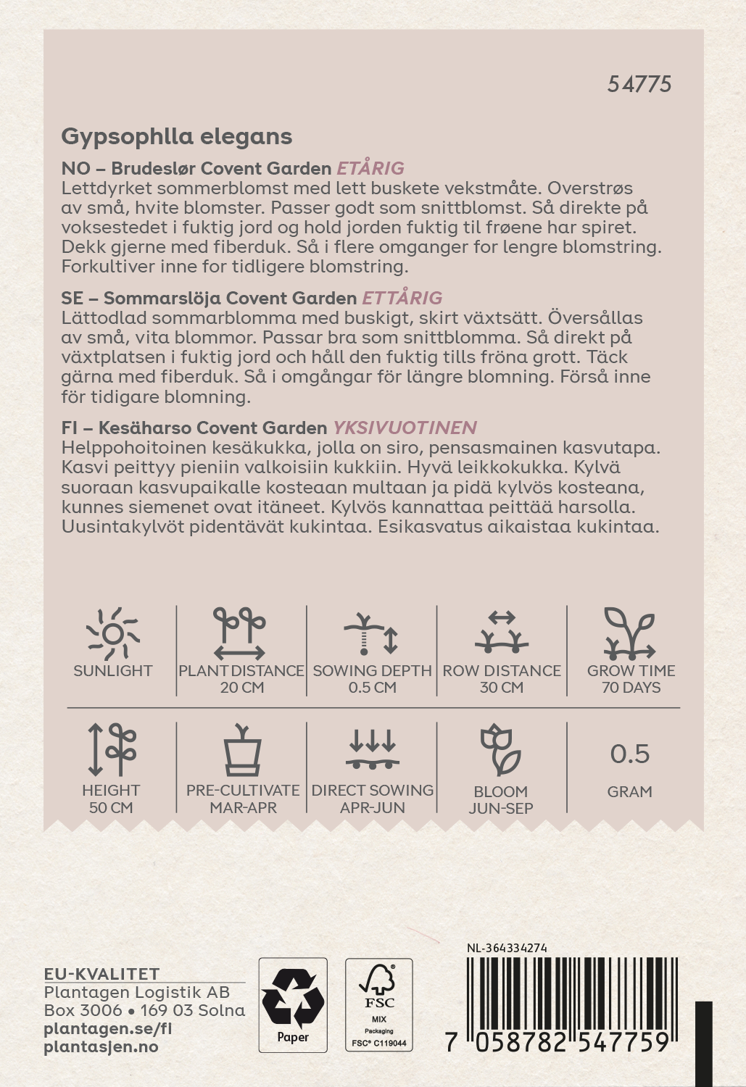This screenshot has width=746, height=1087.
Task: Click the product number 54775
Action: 639,84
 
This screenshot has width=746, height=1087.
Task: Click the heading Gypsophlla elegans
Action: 176,136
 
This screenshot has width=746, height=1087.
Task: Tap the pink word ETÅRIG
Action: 370,168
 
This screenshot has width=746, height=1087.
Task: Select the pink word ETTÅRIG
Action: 402,298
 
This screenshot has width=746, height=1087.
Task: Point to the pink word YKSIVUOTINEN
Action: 405,428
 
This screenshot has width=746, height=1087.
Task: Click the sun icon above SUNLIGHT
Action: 112,633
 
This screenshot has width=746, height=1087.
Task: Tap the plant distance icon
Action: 240,633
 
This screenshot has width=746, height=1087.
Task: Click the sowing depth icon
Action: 371,633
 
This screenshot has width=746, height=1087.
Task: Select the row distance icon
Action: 501,631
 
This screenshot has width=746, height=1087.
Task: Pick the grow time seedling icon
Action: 629,633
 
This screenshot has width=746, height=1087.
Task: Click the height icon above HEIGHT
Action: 112,749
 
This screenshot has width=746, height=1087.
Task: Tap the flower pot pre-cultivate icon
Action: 242,750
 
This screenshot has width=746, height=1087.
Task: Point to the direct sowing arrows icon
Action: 372,749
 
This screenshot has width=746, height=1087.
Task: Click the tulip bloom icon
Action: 500,749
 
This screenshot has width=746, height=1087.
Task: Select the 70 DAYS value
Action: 631,688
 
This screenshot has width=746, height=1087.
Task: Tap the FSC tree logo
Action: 378,986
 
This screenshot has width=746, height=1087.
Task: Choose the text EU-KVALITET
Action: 101,974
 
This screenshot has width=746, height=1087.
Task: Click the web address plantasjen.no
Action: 101,1047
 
